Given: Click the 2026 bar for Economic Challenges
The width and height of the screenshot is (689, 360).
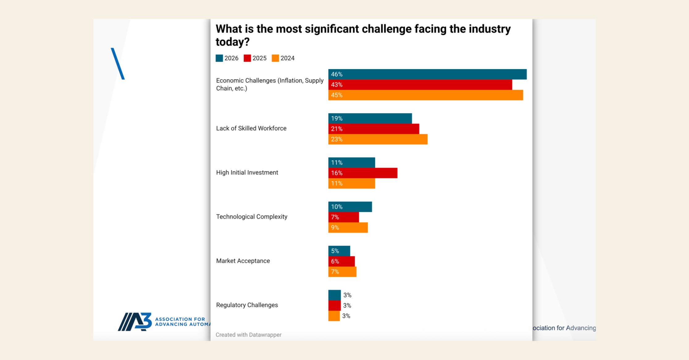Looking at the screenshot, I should point(427,74).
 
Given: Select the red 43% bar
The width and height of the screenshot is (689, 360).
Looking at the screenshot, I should point(420,85).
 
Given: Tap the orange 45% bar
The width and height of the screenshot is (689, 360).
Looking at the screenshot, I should point(425,95).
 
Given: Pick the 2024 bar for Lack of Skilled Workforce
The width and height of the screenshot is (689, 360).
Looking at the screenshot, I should point(378,139).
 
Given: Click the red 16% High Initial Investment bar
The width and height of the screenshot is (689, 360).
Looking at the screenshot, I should point(363,173).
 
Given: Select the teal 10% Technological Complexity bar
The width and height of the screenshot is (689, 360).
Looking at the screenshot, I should point(350,207).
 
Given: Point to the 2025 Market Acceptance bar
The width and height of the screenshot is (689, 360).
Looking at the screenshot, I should point(341,262).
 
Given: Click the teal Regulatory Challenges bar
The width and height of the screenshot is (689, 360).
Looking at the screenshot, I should point(334,295).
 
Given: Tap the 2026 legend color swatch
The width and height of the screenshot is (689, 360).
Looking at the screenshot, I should point(219,58).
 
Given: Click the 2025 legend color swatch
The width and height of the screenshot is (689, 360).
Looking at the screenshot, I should point(247,58).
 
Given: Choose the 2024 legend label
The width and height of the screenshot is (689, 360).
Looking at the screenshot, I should point(287,58).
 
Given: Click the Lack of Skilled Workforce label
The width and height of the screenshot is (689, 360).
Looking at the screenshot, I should point(251,128).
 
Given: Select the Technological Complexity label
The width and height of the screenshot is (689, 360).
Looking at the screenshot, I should point(252,217).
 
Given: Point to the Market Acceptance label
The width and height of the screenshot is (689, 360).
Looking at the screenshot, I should point(243,261).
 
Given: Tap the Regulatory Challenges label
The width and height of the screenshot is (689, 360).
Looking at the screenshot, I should point(247,305).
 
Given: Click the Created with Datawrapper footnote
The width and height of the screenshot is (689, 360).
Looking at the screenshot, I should point(248,335).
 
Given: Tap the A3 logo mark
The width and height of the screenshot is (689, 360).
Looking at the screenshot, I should point(135,322).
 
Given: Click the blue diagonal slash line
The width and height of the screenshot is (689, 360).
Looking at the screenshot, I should point(118,64).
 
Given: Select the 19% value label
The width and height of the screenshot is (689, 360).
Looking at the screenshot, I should point(337,119).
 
